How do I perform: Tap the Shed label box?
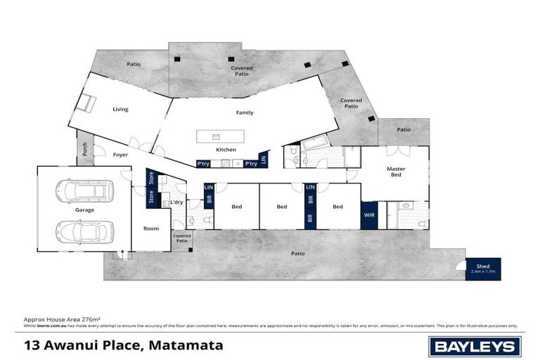[x=484, y=269]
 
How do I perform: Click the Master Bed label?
[x=396, y=172]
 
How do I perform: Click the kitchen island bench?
[x=220, y=136]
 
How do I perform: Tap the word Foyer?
[x=120, y=155]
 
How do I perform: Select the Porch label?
[x=85, y=149]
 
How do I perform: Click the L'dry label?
[x=176, y=203]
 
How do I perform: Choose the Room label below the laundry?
[x=151, y=229]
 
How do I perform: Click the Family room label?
[x=244, y=112]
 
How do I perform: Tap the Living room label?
[x=120, y=109]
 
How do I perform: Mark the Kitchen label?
[x=226, y=150]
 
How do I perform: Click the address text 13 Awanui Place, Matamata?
[x=123, y=345]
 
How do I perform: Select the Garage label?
[x=85, y=210]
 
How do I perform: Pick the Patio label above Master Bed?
[x=404, y=129]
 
